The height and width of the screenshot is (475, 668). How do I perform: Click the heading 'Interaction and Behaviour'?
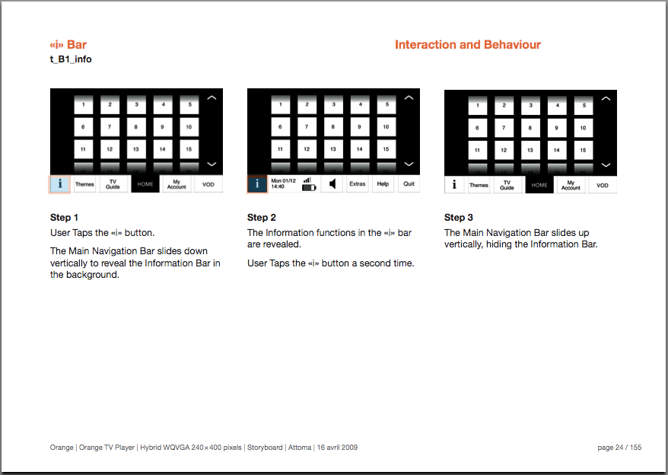tap(467, 45)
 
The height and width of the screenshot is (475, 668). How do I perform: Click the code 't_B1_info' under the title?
tap(71, 59)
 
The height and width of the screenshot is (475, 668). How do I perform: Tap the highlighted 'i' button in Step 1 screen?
tap(60, 183)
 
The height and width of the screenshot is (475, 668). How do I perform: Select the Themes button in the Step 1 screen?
tap(84, 184)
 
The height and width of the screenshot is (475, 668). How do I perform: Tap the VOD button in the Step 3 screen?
tap(603, 185)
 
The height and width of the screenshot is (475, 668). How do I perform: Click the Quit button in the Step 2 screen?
tap(409, 183)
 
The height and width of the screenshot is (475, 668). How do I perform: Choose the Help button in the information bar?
tap(383, 183)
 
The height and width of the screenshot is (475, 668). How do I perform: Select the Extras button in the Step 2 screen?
tap(357, 183)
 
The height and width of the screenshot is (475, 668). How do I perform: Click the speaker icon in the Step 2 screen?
tap(332, 183)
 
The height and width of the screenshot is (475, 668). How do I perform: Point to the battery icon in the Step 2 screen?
tap(309, 187)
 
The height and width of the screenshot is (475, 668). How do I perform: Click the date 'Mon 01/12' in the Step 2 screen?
tap(282, 180)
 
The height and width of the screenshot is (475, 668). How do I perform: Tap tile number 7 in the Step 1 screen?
tap(110, 126)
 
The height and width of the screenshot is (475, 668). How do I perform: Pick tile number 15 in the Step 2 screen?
tap(386, 149)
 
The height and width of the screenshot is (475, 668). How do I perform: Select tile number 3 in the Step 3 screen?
tap(531, 106)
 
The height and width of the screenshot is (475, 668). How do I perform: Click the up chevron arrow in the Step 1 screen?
tap(212, 98)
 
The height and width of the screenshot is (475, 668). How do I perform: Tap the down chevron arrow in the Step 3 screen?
tap(606, 164)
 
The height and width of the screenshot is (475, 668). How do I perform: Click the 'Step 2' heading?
tap(262, 218)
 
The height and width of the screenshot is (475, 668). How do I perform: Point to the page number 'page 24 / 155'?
tap(619, 448)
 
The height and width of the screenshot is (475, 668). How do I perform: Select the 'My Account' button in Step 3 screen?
tap(571, 185)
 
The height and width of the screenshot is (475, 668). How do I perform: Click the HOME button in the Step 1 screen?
tap(145, 184)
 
